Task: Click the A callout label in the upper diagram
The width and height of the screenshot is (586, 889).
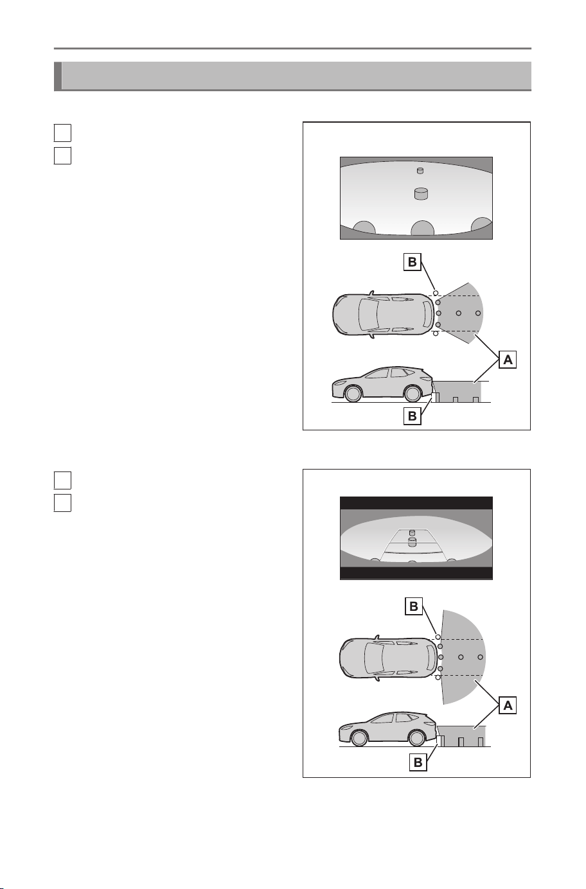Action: coord(508,360)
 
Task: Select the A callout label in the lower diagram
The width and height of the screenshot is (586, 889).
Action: coord(508,705)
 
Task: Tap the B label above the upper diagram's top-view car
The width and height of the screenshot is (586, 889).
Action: coord(412,262)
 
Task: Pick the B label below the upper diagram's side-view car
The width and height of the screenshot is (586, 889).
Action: coord(412,416)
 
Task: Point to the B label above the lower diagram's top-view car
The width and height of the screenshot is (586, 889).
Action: coord(414,606)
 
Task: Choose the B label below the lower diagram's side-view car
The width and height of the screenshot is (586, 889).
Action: coord(418,762)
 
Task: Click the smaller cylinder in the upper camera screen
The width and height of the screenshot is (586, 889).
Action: coord(420,171)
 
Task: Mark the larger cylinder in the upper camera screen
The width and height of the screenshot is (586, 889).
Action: coord(422,194)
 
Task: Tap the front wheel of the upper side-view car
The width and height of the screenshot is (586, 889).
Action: coord(353,394)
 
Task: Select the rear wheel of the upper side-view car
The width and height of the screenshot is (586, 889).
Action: coord(412,394)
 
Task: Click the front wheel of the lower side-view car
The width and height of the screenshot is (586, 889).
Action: coord(359,738)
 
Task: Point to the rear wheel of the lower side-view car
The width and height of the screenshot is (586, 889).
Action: coord(417,738)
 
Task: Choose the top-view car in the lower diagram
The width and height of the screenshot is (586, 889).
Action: coord(388,657)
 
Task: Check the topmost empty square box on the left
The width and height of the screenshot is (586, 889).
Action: coord(62,133)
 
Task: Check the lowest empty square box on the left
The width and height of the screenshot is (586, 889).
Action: coord(62,503)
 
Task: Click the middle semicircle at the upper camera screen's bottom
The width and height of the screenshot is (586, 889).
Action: coord(422,229)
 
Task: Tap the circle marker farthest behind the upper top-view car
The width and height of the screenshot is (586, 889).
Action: coord(478,313)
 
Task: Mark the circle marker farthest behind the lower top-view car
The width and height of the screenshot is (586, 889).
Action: coord(481,657)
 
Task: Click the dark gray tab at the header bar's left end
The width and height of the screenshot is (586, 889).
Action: coord(58,76)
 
